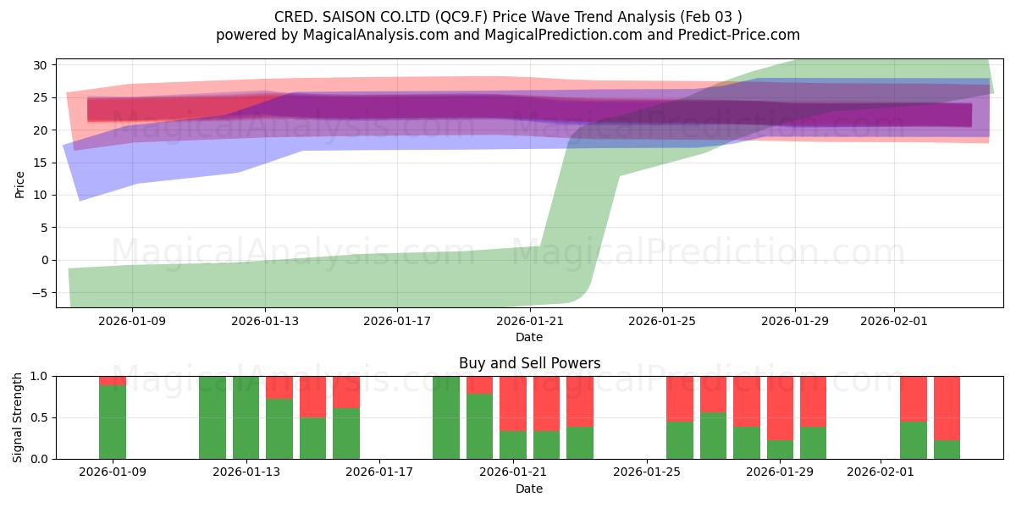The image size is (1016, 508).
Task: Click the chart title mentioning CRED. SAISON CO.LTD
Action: pyautogui.click(x=508, y=17)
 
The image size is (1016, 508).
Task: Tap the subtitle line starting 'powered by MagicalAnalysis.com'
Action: pyautogui.click(x=508, y=35)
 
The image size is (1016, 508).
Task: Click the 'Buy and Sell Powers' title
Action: pyautogui.click(x=529, y=363)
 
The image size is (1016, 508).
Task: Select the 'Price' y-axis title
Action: pyautogui.click(x=20, y=184)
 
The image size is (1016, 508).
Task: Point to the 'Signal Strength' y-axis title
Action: pyautogui.click(x=19, y=417)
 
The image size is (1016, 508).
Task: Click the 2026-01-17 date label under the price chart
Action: pyautogui.click(x=397, y=321)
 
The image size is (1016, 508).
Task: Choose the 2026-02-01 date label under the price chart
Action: pyautogui.click(x=894, y=321)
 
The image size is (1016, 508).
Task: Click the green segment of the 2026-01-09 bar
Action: pyautogui.click(x=113, y=422)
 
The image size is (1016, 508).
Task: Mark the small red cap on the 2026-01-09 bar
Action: pyautogui.click(x=113, y=380)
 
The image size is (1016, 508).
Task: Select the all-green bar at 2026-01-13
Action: pyautogui.click(x=246, y=417)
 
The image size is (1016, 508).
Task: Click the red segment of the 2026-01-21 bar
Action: pyautogui.click(x=513, y=403)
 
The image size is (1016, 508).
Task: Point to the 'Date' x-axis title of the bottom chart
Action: pyautogui.click(x=529, y=489)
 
